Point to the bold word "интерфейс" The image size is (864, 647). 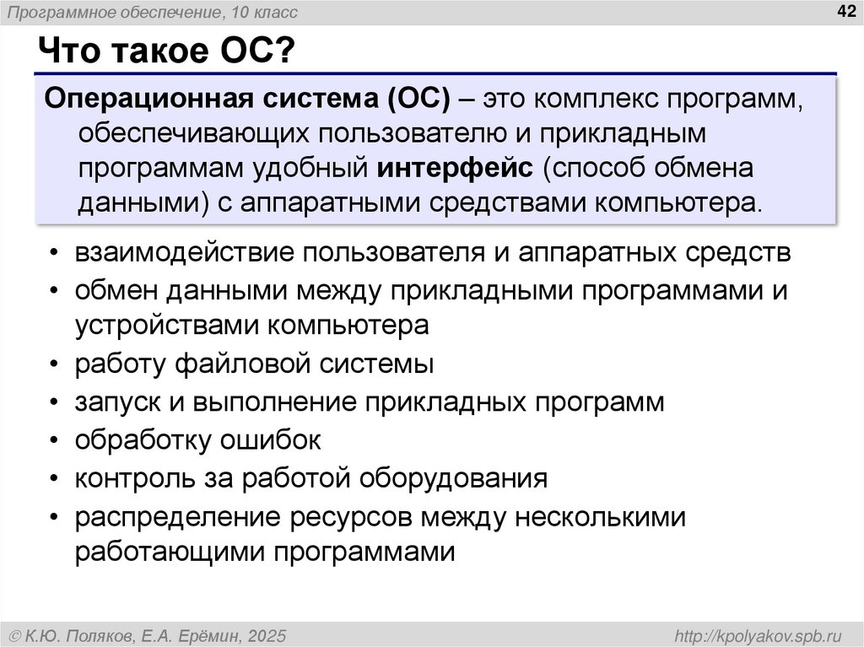(x=456, y=167)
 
